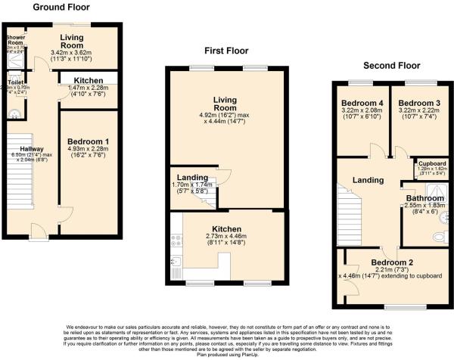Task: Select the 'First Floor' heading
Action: [x=225, y=50]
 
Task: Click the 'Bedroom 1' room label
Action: [x=89, y=141]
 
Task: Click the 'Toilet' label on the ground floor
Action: [x=16, y=81]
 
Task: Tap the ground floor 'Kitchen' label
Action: [x=89, y=81]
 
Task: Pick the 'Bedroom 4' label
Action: [x=360, y=103]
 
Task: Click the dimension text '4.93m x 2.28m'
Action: [x=89, y=150]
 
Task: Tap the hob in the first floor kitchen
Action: [x=178, y=243]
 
